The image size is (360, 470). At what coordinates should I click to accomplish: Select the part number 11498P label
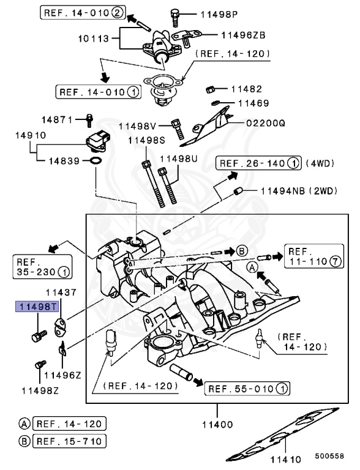(204, 13)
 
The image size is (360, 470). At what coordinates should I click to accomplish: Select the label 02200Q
(266, 123)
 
